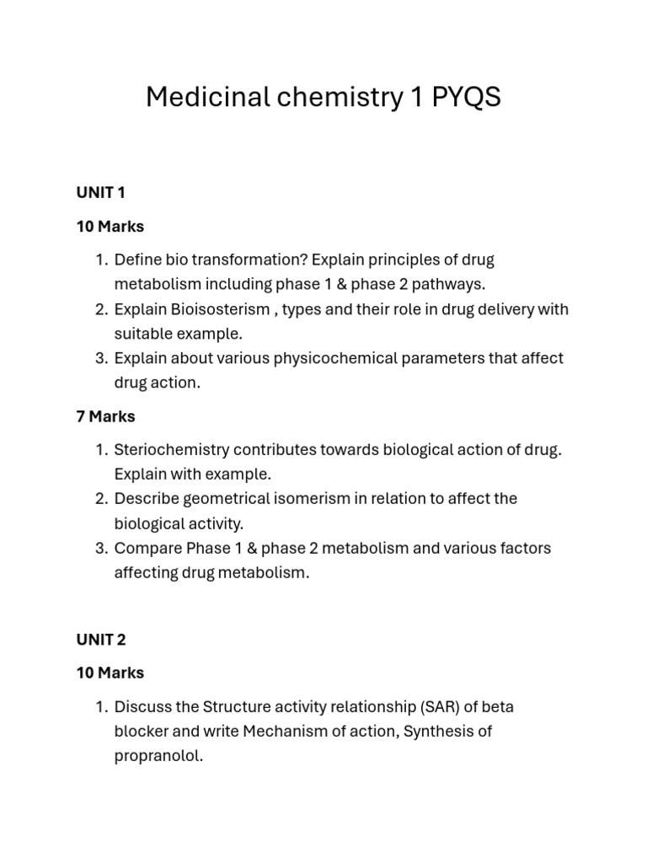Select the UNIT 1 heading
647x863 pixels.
tap(100, 193)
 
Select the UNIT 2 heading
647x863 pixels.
tap(100, 640)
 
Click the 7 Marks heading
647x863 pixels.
tap(105, 416)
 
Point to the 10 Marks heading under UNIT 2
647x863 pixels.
tap(110, 673)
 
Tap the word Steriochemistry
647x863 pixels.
tap(172, 449)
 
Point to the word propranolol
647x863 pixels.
tap(158, 756)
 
